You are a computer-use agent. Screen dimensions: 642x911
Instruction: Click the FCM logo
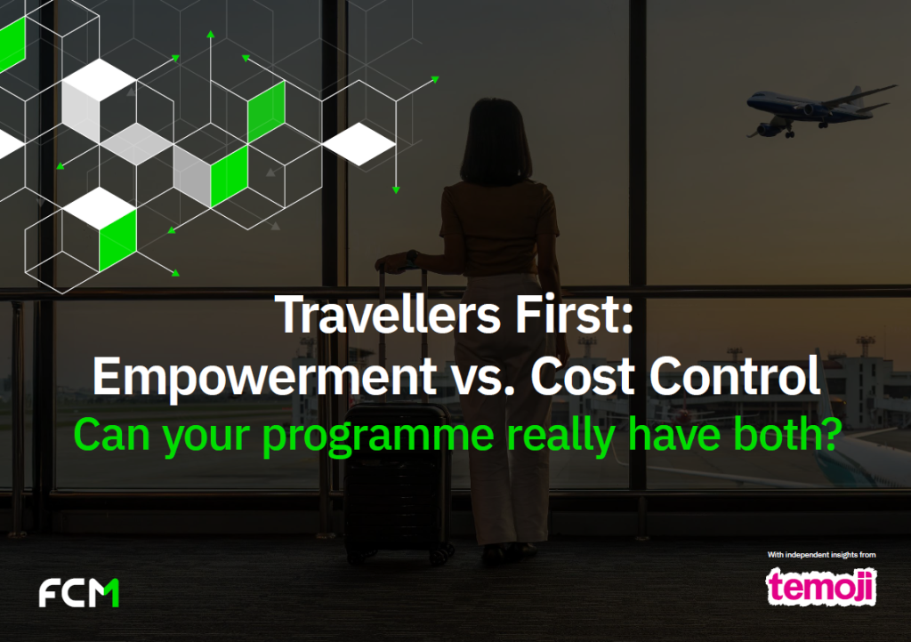point(79,592)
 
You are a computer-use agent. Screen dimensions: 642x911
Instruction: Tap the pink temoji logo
point(821,586)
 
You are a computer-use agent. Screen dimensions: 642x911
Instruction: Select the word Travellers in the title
point(378,317)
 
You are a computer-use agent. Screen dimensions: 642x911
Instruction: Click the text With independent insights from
point(821,555)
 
